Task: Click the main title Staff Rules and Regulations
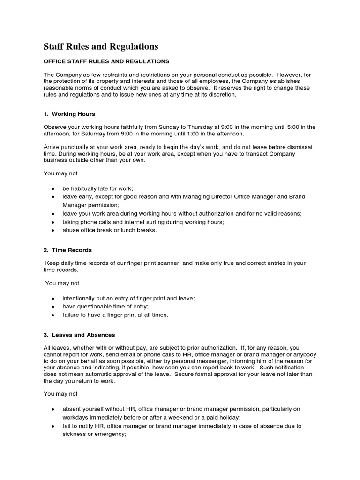(x=101, y=46)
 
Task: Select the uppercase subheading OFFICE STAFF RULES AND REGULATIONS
(x=106, y=61)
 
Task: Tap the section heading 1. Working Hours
(x=69, y=114)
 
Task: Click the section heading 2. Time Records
(x=67, y=250)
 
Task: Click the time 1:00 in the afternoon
(x=187, y=133)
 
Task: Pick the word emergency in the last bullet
(x=110, y=434)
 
